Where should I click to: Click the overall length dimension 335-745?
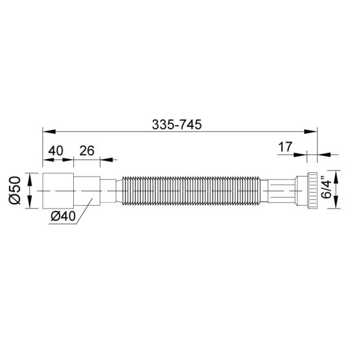(178, 123)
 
